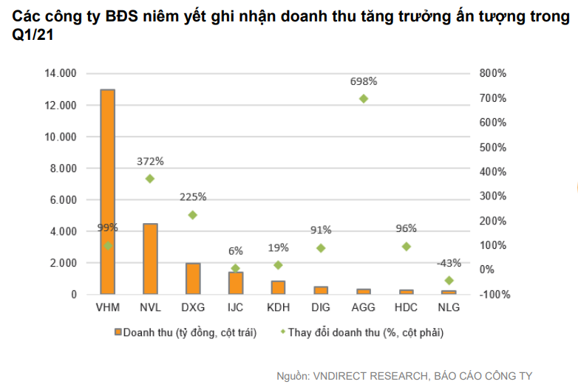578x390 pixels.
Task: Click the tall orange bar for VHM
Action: (107, 192)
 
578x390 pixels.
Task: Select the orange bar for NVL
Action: (150, 259)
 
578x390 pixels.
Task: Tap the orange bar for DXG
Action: (193, 278)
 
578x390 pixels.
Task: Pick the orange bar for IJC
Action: (236, 283)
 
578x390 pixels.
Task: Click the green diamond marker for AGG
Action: (363, 98)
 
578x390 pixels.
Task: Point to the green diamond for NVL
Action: (150, 178)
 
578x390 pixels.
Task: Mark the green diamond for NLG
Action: (449, 280)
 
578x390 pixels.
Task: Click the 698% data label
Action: (364, 81)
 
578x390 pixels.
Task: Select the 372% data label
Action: (150, 161)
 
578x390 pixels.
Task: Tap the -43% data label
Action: (449, 263)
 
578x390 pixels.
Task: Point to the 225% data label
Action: (193, 197)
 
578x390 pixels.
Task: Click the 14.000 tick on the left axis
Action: (61, 74)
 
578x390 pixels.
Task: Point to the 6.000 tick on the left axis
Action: (64, 200)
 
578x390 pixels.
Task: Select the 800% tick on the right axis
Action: (492, 73)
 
